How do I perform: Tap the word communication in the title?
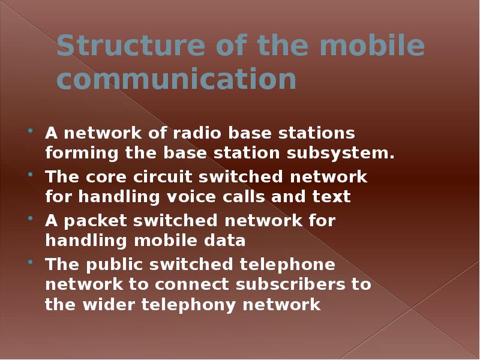click(176, 79)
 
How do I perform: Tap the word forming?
click(82, 153)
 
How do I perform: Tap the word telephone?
click(288, 265)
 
